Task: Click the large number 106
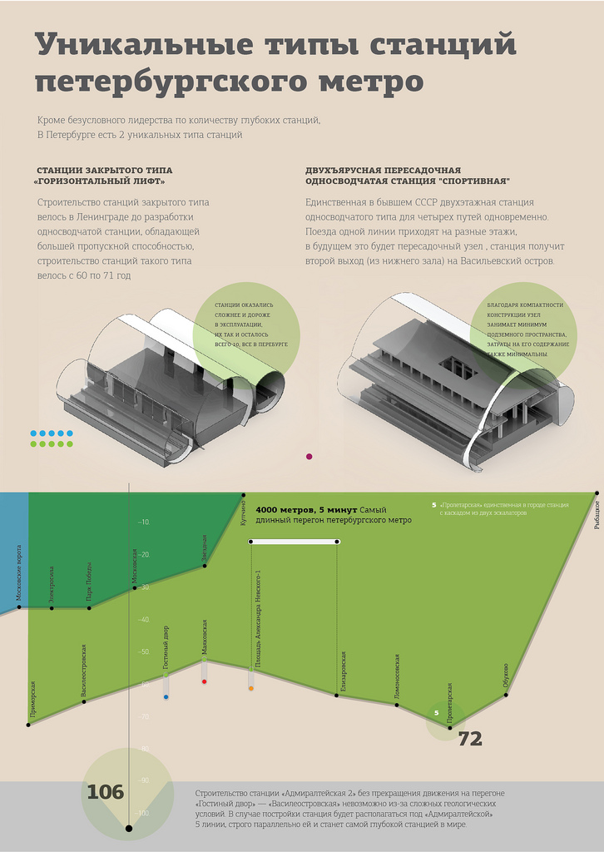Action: click(x=105, y=791)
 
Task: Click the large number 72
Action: click(x=470, y=739)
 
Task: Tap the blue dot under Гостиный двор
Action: click(x=166, y=696)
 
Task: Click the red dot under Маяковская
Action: click(x=205, y=681)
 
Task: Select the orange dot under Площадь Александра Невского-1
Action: click(x=250, y=688)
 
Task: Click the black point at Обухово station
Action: click(x=507, y=693)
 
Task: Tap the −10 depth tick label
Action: click(x=144, y=523)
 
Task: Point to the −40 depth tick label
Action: click(x=144, y=620)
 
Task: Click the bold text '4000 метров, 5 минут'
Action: click(x=306, y=509)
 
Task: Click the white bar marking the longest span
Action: click(x=294, y=542)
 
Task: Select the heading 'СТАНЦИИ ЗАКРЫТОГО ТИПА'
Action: click(x=104, y=171)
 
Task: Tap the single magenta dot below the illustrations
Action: click(x=309, y=456)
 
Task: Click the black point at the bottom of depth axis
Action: click(x=128, y=828)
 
